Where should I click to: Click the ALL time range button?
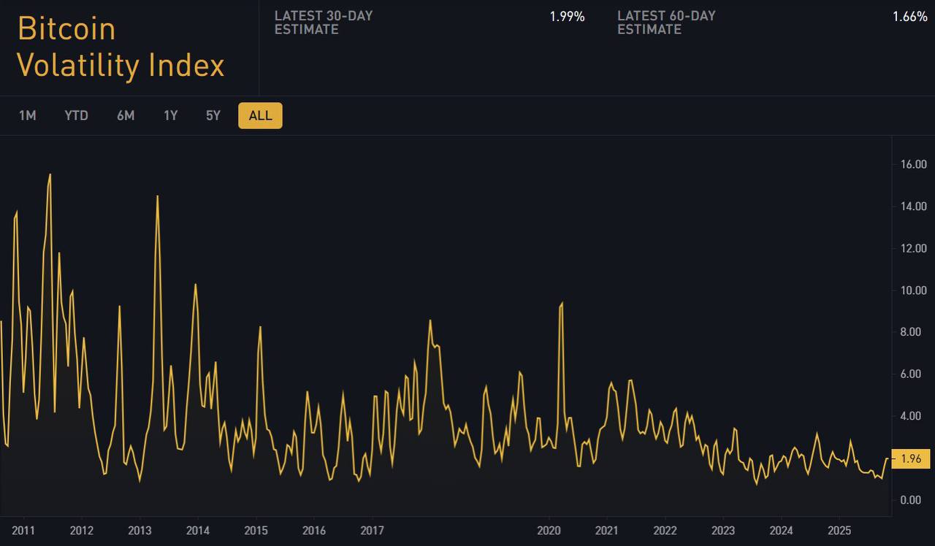pyautogui.click(x=260, y=115)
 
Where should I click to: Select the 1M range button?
pyautogui.click(x=27, y=115)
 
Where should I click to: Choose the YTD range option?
pyautogui.click(x=76, y=115)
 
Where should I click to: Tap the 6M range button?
pyautogui.click(x=126, y=115)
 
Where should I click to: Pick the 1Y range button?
pyautogui.click(x=170, y=115)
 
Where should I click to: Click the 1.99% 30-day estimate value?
pyautogui.click(x=567, y=17)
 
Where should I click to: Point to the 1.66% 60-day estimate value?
pyautogui.click(x=909, y=17)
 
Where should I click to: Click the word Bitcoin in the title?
pyautogui.click(x=66, y=29)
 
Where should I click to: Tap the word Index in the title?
pyautogui.click(x=186, y=66)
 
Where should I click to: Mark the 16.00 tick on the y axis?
pyautogui.click(x=914, y=164)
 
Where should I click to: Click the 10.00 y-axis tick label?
pyautogui.click(x=914, y=291)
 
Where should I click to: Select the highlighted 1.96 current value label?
pyautogui.click(x=911, y=459)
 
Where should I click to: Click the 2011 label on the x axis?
pyautogui.click(x=24, y=529)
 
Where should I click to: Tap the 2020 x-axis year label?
pyautogui.click(x=549, y=529)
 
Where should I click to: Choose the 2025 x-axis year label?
pyautogui.click(x=839, y=529)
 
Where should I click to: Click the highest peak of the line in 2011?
pyautogui.click(x=50, y=174)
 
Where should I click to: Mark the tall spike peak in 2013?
pyautogui.click(x=157, y=196)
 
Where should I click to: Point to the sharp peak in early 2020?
pyautogui.click(x=562, y=302)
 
